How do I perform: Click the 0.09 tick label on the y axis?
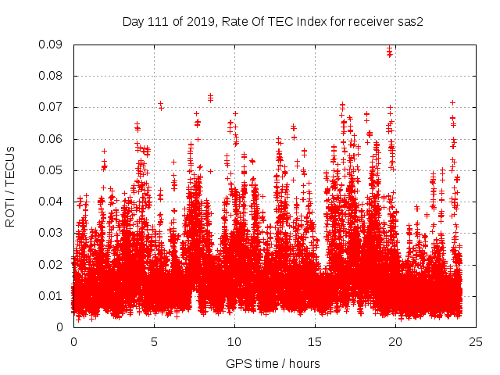pos(52,45)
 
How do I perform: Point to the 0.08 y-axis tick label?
pos(52,76)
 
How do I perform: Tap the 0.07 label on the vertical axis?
pos(52,107)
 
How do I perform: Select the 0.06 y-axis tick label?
pos(52,139)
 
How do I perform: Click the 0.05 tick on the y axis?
pos(52,170)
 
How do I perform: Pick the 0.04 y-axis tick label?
pos(52,202)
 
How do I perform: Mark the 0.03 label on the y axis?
pos(52,233)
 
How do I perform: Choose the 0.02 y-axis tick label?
pos(52,264)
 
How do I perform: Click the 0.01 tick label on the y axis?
pos(52,295)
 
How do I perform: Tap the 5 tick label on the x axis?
pos(154,341)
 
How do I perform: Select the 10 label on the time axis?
pos(234,341)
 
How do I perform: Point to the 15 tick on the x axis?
pos(315,341)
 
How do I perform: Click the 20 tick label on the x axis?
pos(395,341)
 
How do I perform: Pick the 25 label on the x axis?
pos(476,341)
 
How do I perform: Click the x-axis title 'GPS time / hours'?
pos(273,363)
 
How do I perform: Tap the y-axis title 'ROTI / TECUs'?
pos(10,186)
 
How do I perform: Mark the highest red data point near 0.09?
pos(389,50)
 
